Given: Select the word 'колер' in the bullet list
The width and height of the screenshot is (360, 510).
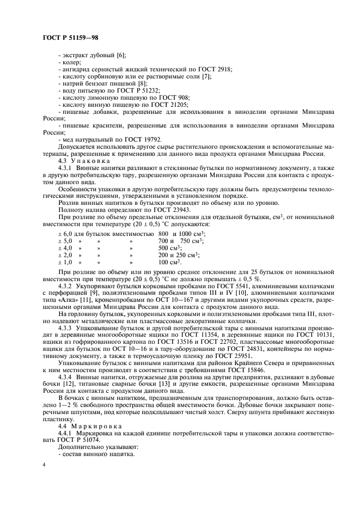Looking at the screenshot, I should pyautogui.click(x=72, y=62).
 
